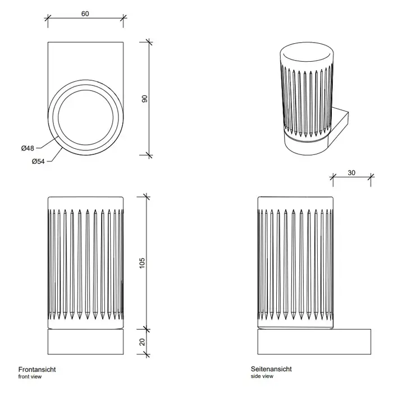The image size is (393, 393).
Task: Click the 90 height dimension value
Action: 144,98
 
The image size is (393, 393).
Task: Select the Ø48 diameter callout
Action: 28,148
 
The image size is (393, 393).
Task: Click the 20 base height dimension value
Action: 142,341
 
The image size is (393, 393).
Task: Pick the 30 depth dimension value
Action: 351,173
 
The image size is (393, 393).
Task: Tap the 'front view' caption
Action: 30,377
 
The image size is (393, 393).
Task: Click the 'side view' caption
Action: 262,377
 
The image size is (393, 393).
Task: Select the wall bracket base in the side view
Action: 314,341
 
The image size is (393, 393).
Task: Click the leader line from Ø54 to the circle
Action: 55,154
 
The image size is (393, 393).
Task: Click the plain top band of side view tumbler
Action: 295,203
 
